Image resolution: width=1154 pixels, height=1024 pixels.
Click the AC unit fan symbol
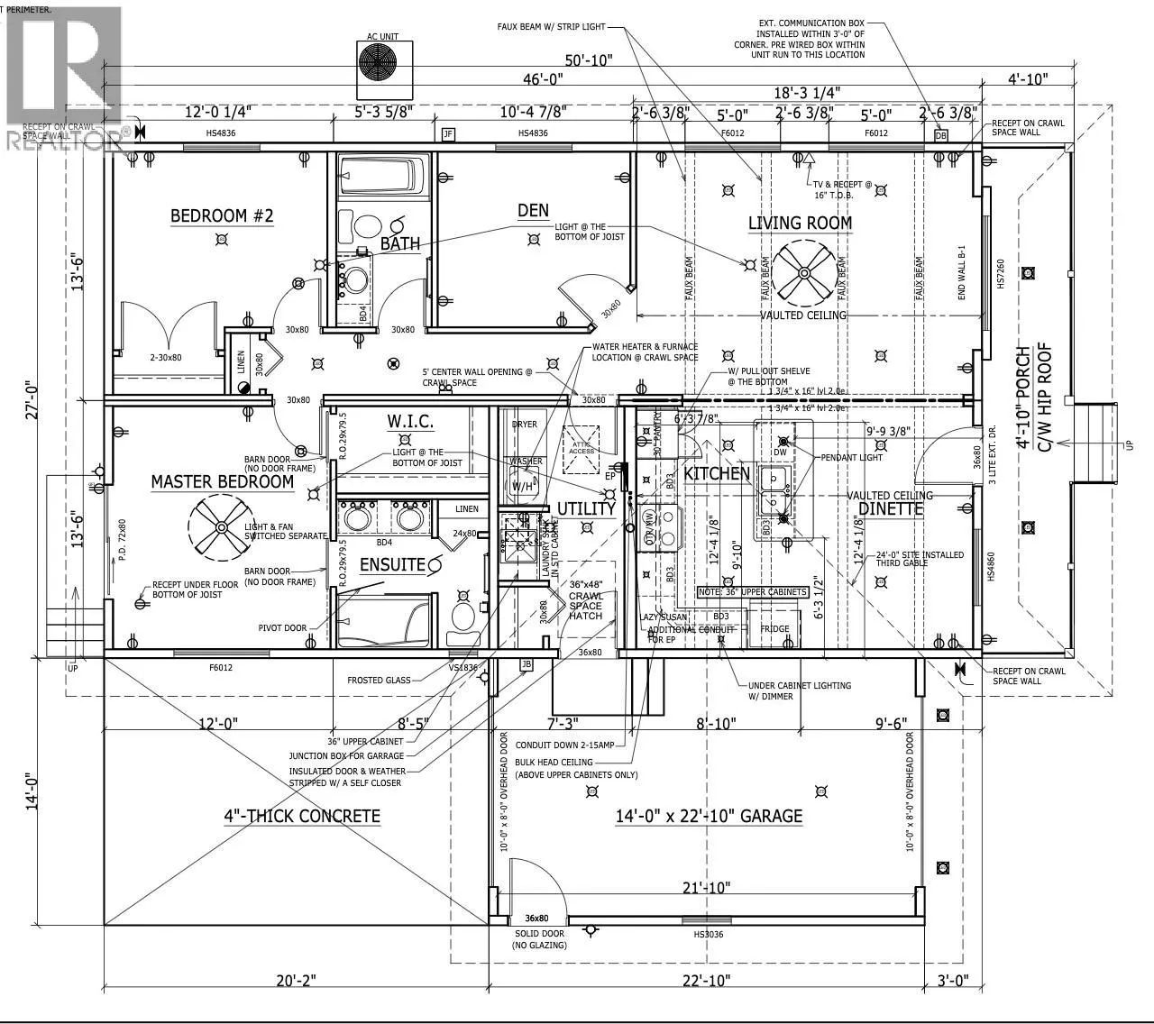pos(382,64)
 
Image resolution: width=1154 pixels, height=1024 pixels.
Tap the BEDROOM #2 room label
pos(222,215)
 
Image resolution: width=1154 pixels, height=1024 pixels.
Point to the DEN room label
pos(533,210)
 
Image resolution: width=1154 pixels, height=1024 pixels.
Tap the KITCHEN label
pos(717,473)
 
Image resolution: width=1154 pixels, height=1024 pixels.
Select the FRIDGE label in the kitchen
pos(774,628)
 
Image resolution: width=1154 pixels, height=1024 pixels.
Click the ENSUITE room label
pos(392,564)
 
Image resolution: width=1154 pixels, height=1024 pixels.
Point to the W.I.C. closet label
pos(410,421)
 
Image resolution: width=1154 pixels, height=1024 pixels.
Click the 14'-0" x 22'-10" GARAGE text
pos(709,816)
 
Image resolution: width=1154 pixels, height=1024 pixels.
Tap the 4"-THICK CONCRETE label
pos(302,816)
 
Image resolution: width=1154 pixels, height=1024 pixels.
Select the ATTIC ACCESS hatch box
pos(583,448)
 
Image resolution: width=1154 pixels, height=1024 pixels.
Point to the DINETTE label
pos(891,508)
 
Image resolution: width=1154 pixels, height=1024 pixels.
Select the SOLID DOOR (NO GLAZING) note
pos(539,939)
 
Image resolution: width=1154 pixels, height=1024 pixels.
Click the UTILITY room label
pos(586,509)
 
